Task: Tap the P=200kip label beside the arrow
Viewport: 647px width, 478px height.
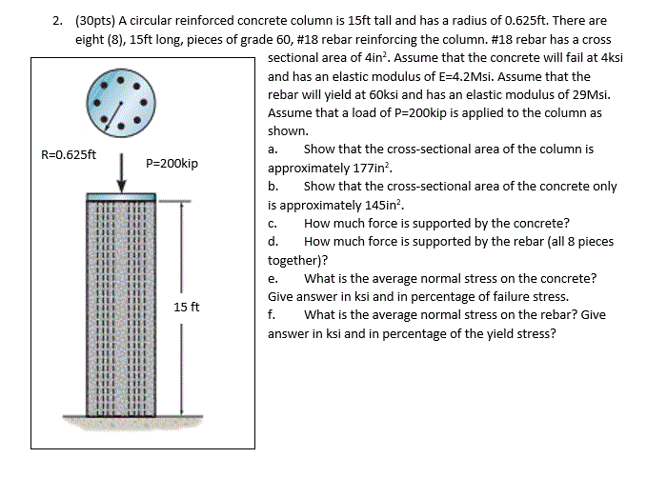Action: tap(172, 164)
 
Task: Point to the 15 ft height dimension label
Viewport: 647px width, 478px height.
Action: tap(187, 307)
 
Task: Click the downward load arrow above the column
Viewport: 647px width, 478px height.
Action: tap(122, 171)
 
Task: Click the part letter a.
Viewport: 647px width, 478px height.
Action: tap(273, 149)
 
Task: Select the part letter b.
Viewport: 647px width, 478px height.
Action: tap(273, 186)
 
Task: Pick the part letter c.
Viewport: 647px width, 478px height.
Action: tap(273, 223)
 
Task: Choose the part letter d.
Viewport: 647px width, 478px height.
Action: tap(273, 241)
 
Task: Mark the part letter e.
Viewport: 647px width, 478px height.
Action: tap(273, 278)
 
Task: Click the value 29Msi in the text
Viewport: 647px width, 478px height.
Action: tap(589, 95)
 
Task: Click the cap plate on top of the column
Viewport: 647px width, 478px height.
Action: tap(122, 197)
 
